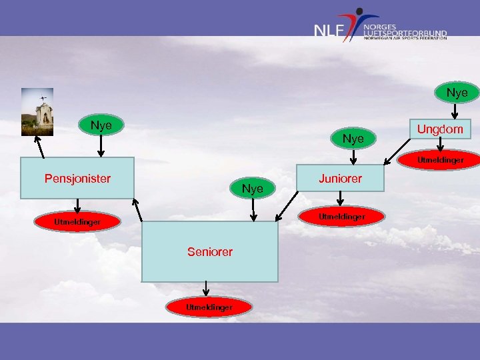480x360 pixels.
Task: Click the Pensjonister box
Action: (x=77, y=178)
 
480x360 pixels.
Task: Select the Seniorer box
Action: (x=209, y=251)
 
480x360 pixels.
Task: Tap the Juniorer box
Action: (x=340, y=178)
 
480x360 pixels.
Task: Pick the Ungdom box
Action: (x=439, y=128)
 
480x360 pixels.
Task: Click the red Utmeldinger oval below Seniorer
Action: (x=209, y=307)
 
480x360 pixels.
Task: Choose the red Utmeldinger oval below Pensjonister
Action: (x=77, y=221)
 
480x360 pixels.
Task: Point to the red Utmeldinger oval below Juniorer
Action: (x=341, y=216)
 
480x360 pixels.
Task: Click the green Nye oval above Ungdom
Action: (x=457, y=92)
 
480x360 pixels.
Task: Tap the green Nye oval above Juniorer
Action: (x=353, y=139)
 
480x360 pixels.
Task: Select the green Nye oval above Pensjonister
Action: (x=101, y=125)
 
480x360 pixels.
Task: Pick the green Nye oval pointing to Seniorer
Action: (x=252, y=189)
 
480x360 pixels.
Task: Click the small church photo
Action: (x=37, y=111)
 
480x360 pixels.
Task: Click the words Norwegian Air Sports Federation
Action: (x=405, y=38)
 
